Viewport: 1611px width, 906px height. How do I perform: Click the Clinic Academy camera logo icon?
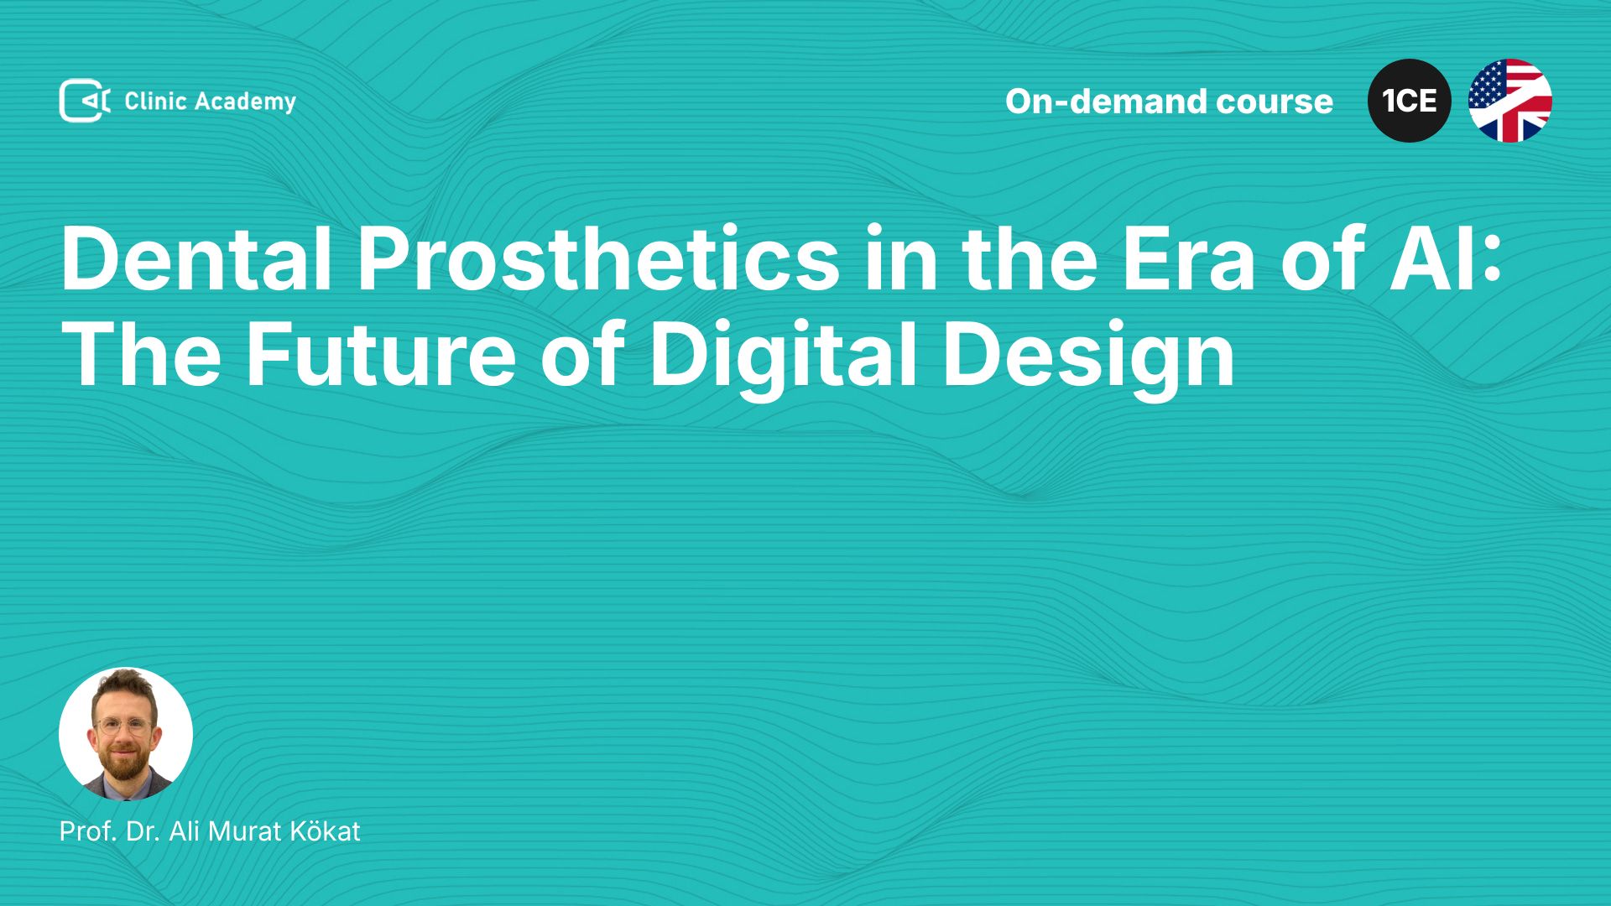pyautogui.click(x=85, y=101)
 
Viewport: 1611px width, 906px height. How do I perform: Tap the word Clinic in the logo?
pyautogui.click(x=155, y=101)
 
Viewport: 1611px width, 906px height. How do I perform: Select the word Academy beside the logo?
pyautogui.click(x=246, y=102)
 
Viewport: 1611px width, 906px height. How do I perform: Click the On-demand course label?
pyautogui.click(x=1169, y=102)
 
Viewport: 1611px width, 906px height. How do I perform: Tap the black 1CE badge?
pyautogui.click(x=1410, y=101)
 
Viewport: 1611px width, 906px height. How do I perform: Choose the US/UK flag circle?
pyautogui.click(x=1510, y=101)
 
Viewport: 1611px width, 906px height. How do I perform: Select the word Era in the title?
pyautogui.click(x=1188, y=259)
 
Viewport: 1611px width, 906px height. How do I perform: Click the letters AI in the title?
pyautogui.click(x=1423, y=259)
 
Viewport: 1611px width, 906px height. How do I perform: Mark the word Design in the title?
pyautogui.click(x=1088, y=355)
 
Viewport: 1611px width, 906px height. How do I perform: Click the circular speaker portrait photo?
pyautogui.click(x=126, y=734)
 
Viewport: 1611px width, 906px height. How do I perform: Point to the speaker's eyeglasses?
pyautogui.click(x=124, y=726)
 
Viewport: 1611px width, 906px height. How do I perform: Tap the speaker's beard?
pyautogui.click(x=124, y=762)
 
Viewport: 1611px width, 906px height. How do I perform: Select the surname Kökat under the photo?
pyautogui.click(x=325, y=830)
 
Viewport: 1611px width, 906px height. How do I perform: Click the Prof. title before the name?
pyautogui.click(x=88, y=831)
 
